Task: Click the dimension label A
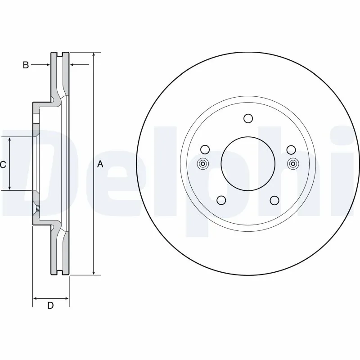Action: point(100,164)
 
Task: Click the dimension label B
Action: point(26,65)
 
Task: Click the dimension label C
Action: point(3,165)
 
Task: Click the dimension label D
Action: point(50,306)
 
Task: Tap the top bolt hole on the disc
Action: point(247,118)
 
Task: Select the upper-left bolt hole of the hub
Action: point(205,149)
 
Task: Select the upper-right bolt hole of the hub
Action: point(291,149)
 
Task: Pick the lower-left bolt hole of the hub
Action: point(221,200)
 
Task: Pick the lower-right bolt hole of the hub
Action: point(274,200)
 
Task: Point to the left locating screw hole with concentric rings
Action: point(202,164)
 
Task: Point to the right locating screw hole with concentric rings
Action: point(293,164)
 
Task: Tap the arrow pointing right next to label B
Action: point(46,65)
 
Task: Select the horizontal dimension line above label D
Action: point(51,298)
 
